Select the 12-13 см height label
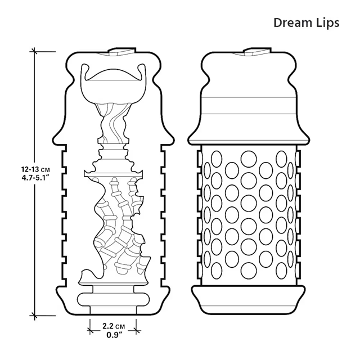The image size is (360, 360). tap(35, 170)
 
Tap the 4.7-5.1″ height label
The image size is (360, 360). tap(35, 178)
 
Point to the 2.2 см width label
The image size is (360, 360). tap(114, 326)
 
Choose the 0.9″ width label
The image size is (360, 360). tap(114, 335)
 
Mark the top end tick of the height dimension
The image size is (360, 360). tap(34, 52)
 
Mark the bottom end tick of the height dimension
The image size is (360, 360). tap(34, 316)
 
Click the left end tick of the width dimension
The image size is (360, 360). tap(90, 331)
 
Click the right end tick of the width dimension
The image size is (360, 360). tap(136, 331)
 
